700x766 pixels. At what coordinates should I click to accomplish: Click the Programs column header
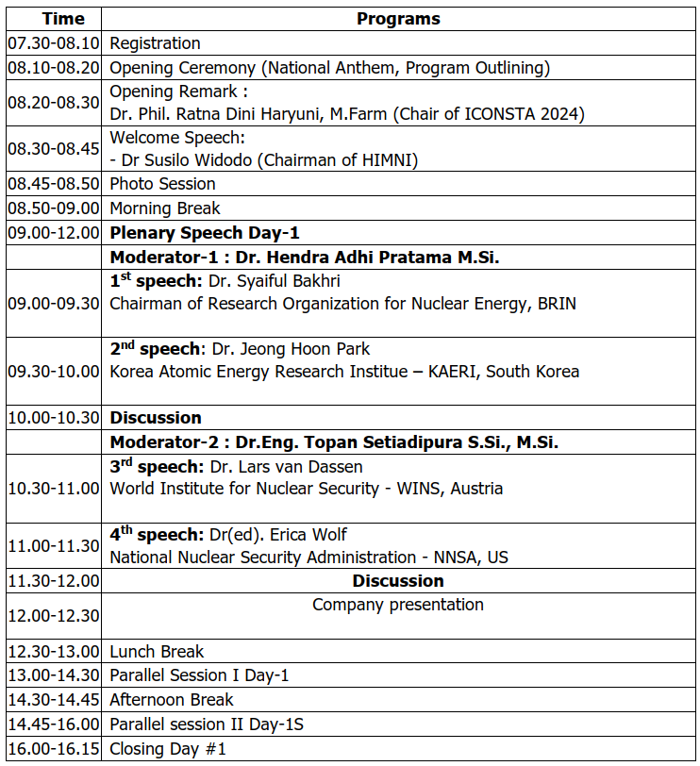[398, 19]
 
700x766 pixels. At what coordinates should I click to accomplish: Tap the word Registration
[155, 43]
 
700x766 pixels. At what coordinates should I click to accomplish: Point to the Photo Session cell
[162, 184]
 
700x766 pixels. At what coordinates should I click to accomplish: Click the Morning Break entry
[164, 208]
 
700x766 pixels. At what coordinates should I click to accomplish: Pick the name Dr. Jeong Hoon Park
[290, 349]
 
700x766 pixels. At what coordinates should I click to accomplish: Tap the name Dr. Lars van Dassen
[286, 466]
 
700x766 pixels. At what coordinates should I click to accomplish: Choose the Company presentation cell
[398, 605]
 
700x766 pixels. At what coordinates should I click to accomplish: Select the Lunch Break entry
[157, 652]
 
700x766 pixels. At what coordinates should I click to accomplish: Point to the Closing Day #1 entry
[168, 750]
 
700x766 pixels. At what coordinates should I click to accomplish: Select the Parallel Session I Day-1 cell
[199, 675]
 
